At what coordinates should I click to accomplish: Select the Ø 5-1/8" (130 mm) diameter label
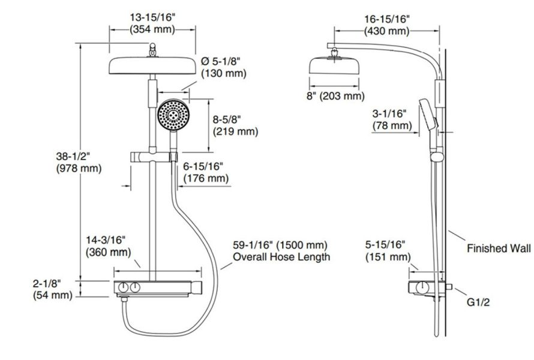224,67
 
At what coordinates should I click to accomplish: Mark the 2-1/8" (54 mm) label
51,289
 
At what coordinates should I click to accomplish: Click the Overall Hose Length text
281,257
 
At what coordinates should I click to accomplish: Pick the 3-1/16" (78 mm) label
391,119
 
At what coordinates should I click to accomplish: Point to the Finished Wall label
499,248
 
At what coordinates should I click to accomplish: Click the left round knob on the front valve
123,289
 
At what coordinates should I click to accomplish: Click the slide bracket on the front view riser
153,157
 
